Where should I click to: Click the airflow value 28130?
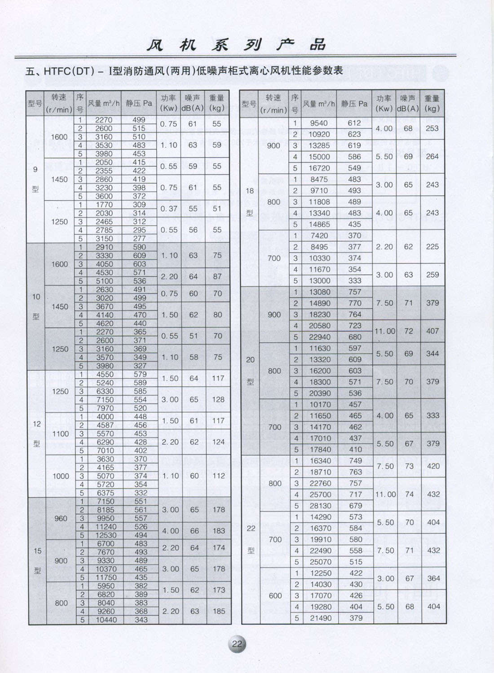tap(320, 506)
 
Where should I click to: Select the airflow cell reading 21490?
tap(320, 618)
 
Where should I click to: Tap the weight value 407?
tap(432, 331)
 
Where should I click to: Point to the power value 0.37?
tap(169, 209)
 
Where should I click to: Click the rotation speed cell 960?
tap(61, 518)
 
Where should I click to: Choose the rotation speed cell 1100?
tap(61, 434)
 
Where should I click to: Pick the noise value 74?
tap(409, 494)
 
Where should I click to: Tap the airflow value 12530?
tap(106, 535)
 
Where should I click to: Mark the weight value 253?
tap(432, 128)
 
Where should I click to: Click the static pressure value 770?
tap(355, 303)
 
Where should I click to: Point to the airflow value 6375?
tap(106, 493)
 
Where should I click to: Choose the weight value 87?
tap(217, 277)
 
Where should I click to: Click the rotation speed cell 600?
tap(275, 596)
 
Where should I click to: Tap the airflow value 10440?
tap(106, 620)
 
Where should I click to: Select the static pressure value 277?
tap(139, 239)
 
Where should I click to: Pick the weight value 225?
tap(432, 247)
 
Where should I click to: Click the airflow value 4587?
tap(106, 425)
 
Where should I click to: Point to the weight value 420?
tap(433, 466)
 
